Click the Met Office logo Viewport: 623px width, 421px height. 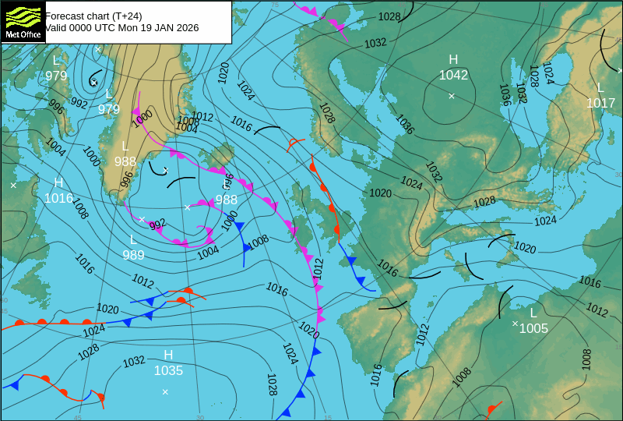coord(23,21)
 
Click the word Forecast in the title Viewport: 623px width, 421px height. coord(65,16)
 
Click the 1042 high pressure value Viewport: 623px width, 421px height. coord(453,75)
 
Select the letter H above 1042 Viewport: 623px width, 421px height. coord(453,60)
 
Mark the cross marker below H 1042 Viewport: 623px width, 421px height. coord(452,96)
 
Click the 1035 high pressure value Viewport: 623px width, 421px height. coord(168,370)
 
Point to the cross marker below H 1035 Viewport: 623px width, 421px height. coord(165,391)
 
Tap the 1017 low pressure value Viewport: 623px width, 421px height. coord(600,103)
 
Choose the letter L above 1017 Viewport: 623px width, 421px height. coord(600,88)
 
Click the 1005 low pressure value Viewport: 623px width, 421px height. coord(533,328)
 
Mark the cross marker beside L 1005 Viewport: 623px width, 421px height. coord(515,323)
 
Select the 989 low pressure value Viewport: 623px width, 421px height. coord(133,255)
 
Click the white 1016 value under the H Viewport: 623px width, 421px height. coord(58,198)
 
